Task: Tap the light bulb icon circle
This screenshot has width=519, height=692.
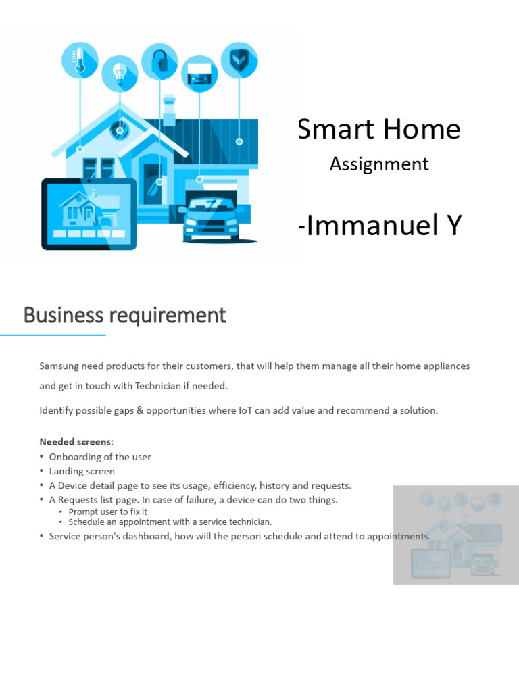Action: (x=120, y=74)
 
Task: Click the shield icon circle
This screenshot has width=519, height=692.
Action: (x=239, y=60)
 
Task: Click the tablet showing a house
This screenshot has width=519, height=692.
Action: (x=89, y=214)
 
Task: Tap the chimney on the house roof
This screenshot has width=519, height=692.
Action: (x=169, y=110)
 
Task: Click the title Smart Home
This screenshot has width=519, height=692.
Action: (x=379, y=129)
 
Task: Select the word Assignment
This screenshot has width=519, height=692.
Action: (x=379, y=164)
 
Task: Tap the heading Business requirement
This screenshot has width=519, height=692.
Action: (x=125, y=315)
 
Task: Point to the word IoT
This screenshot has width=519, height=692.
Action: (x=245, y=410)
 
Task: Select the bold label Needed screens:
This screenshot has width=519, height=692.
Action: (x=76, y=442)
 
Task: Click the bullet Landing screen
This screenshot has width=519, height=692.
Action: (x=82, y=471)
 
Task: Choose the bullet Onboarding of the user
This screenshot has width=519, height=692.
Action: (x=100, y=457)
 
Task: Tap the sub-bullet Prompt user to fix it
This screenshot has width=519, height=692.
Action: (x=107, y=512)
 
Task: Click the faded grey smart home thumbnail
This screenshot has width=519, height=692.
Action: (x=455, y=534)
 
